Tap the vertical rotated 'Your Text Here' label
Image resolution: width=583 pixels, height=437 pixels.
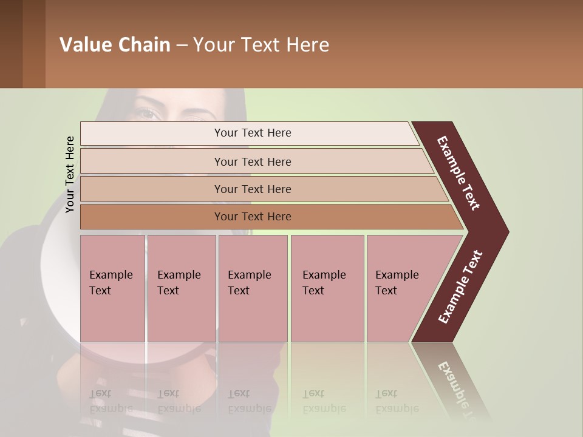click(70, 174)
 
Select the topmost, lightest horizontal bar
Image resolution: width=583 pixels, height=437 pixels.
click(253, 133)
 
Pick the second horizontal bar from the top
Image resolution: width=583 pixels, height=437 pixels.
click(253, 161)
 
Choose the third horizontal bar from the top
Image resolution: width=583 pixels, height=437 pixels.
click(253, 189)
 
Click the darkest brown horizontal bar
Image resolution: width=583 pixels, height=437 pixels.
click(253, 217)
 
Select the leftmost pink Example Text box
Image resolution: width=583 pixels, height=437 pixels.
click(112, 288)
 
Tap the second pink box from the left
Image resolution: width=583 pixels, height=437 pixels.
click(181, 288)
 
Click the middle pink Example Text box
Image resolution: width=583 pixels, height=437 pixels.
click(253, 288)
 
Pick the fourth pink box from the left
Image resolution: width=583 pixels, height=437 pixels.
click(327, 288)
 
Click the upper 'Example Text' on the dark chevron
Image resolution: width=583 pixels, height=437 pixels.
click(459, 173)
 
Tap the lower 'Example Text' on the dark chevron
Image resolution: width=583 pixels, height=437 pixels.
click(460, 286)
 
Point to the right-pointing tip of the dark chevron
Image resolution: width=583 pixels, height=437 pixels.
click(505, 232)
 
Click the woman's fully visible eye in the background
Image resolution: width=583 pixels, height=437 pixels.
click(146, 113)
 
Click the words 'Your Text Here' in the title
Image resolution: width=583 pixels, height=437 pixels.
click(261, 45)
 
